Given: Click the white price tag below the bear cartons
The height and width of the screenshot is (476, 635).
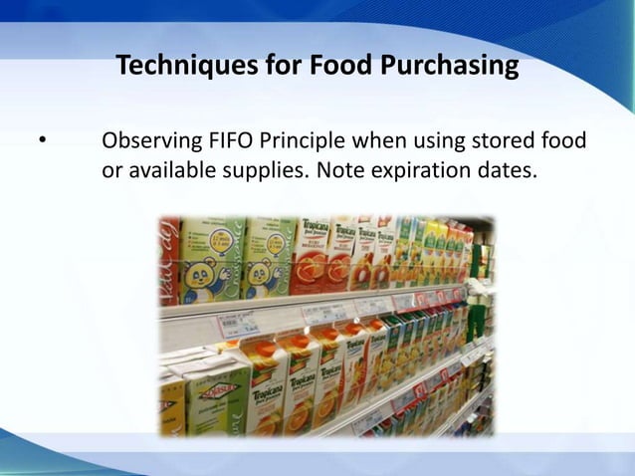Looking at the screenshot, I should point(239,325).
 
